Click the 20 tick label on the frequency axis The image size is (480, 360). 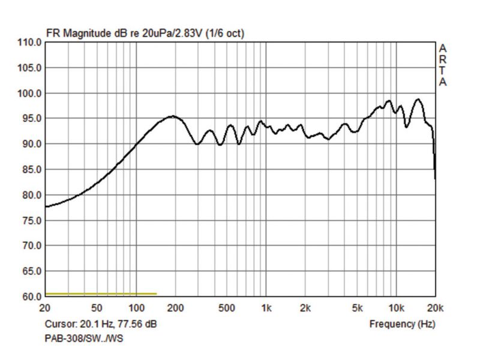(45, 309)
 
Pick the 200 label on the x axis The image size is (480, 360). (175, 309)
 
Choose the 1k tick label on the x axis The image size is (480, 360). (266, 309)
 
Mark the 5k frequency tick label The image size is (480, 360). (357, 309)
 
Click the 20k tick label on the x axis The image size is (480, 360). (435, 309)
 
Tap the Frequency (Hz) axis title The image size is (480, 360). (402, 324)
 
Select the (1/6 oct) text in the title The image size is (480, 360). (225, 34)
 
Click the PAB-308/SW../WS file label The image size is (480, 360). (84, 338)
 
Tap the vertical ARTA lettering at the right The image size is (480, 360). (443, 65)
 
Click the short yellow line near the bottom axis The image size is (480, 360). (101, 294)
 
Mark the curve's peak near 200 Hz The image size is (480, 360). (173, 116)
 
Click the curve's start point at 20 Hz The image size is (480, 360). (46, 206)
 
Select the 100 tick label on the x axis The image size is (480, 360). (136, 309)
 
